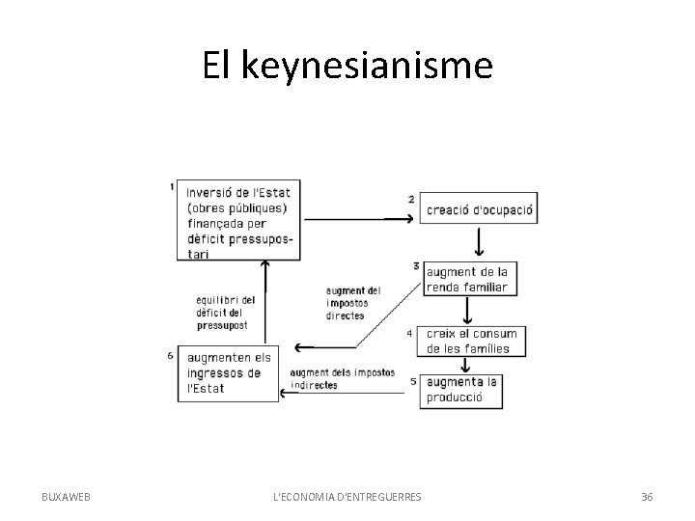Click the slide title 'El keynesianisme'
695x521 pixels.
coord(347,66)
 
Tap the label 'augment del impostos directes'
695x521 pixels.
coord(353,302)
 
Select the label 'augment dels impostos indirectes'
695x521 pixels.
coord(341,378)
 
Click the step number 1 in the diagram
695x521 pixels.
coord(171,186)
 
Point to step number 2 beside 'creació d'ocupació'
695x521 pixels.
coord(411,199)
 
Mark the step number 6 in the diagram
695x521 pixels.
coord(170,355)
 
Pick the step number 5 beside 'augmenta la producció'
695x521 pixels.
coord(412,381)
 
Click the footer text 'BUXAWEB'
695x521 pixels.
coord(67,496)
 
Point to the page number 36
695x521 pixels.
coord(646,496)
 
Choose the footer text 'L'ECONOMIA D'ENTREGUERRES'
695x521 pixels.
coord(347,496)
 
